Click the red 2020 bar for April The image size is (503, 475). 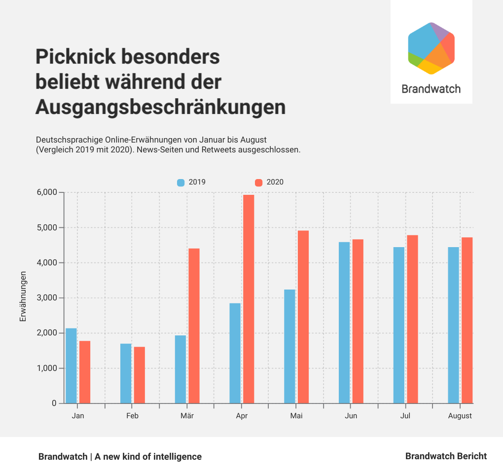coord(249,299)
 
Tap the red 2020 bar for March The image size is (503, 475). coord(194,326)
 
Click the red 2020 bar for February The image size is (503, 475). coord(140,375)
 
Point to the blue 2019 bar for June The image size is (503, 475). coord(344,323)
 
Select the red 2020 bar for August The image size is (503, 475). coord(467,320)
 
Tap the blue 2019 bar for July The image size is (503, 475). coord(399,325)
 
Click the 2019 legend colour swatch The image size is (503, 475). coord(180,183)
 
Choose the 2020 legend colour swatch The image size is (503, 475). coord(258,183)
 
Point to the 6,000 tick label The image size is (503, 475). coord(47,192)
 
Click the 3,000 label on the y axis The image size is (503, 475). coord(47,298)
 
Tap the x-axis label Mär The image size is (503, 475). coord(187,416)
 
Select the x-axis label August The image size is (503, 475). coord(460,416)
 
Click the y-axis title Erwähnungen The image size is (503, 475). coord(23,296)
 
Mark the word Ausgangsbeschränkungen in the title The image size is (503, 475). coord(160,107)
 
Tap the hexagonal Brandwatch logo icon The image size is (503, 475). coord(431,48)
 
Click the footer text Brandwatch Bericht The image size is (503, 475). coord(446,456)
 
